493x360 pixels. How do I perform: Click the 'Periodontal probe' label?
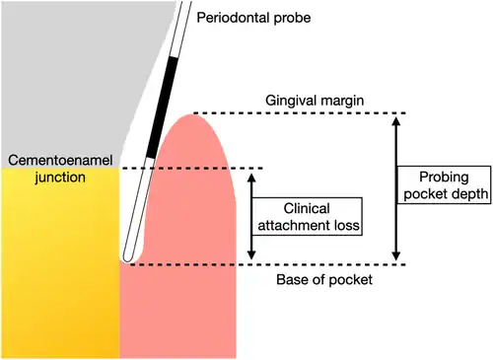[253, 18]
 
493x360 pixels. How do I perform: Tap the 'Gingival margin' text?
[315, 101]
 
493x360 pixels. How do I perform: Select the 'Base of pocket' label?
[324, 280]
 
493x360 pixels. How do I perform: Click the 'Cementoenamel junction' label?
[60, 169]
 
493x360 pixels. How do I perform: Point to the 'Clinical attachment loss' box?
[307, 217]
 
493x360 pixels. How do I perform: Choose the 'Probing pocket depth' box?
[445, 185]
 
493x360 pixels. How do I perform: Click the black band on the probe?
[162, 108]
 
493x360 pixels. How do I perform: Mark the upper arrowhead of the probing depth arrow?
[396, 121]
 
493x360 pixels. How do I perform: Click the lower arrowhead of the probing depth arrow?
[396, 255]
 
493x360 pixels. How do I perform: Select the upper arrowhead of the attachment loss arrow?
[251, 178]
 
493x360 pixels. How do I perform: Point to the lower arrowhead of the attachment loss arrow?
[251, 254]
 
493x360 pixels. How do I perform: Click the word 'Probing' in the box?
[444, 178]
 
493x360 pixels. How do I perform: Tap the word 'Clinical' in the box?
[307, 208]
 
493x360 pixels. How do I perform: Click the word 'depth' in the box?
[468, 193]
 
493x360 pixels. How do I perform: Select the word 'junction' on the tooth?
[60, 178]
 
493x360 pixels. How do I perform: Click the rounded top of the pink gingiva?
[190, 115]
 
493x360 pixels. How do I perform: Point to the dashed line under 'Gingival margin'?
[300, 113]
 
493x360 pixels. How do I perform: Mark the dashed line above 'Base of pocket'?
[268, 264]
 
